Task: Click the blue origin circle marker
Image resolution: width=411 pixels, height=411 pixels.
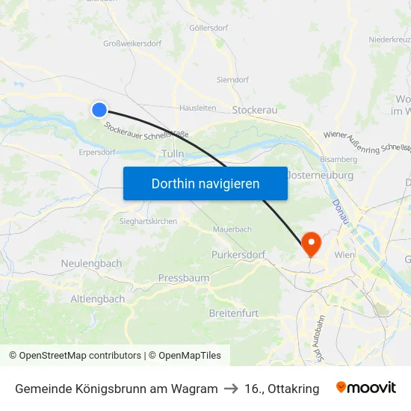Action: click(99, 110)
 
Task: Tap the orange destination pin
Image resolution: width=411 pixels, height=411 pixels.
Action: click(310, 242)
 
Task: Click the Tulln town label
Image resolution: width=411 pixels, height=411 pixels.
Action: click(173, 154)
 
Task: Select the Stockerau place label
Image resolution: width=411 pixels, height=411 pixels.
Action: click(255, 110)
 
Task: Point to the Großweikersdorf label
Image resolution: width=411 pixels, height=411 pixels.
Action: click(132, 43)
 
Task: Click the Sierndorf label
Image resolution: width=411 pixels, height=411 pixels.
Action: click(232, 79)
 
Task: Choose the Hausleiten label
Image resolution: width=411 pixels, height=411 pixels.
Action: click(198, 108)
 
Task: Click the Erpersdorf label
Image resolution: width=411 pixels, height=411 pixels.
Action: click(97, 152)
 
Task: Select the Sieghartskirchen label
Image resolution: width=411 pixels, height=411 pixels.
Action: click(148, 222)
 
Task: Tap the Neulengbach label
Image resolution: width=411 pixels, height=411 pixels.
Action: click(91, 264)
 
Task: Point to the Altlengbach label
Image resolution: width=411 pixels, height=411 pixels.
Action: click(97, 299)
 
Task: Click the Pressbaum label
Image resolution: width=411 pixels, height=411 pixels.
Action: click(184, 278)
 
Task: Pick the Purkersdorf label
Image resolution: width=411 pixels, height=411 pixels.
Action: click(239, 255)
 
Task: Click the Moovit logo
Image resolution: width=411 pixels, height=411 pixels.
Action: click(366, 388)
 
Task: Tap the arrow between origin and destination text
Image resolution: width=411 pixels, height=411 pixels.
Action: click(231, 389)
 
